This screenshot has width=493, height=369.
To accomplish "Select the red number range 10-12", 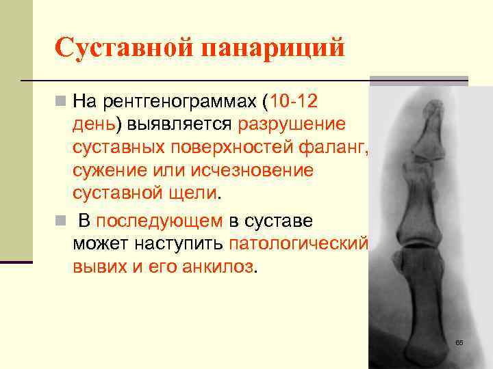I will [x=294, y=103].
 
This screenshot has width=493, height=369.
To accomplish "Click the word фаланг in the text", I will [x=338, y=147].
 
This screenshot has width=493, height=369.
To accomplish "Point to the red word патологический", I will [x=299, y=243].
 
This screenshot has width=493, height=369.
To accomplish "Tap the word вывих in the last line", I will [x=100, y=265].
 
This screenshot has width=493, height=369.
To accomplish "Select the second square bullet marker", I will [x=62, y=221].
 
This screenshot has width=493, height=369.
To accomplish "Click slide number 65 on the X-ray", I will [x=459, y=342].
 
